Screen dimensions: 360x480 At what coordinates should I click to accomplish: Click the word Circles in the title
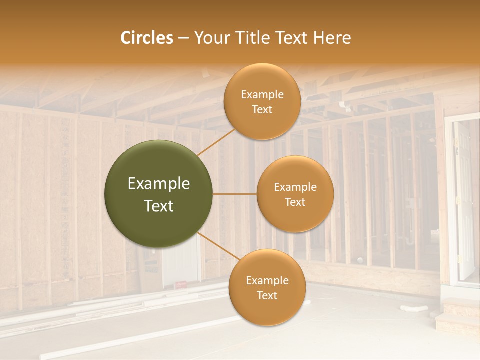coord(147,38)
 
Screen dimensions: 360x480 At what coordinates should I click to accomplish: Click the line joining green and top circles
coord(216,141)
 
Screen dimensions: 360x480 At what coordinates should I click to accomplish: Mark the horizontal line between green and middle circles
coord(235,194)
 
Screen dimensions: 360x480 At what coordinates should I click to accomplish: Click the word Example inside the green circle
coord(159,184)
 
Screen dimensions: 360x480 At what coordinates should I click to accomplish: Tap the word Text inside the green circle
coord(159,206)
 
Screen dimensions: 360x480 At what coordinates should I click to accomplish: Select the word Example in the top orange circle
coord(262,95)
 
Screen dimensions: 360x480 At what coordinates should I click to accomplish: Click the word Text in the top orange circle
coord(262,110)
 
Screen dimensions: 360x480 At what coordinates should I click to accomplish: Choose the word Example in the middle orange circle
coord(295,187)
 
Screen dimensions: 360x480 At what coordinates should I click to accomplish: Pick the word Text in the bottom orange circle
coord(267,295)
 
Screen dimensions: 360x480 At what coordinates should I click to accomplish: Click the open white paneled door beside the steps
coord(464,200)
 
